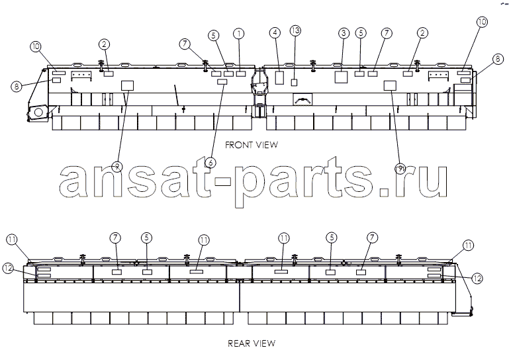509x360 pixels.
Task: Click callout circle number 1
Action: coord(238,34)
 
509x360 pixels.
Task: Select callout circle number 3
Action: coord(344,33)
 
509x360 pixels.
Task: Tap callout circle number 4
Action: coord(275,33)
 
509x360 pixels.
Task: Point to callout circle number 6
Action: coord(210,162)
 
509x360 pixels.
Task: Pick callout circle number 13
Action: coord(295,31)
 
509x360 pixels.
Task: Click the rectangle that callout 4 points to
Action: coord(279,77)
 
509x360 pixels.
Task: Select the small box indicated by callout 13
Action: coord(294,83)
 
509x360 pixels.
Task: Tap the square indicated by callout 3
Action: coord(341,77)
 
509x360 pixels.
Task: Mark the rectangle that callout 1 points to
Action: coord(240,73)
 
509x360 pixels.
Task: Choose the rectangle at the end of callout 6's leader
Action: coord(222,81)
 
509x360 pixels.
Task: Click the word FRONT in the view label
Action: coord(238,145)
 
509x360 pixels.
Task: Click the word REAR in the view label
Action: coord(238,343)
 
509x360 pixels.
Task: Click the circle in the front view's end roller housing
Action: coord(38,112)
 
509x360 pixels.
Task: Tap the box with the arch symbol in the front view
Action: coord(302,99)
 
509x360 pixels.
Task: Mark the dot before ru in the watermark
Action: coord(385,191)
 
